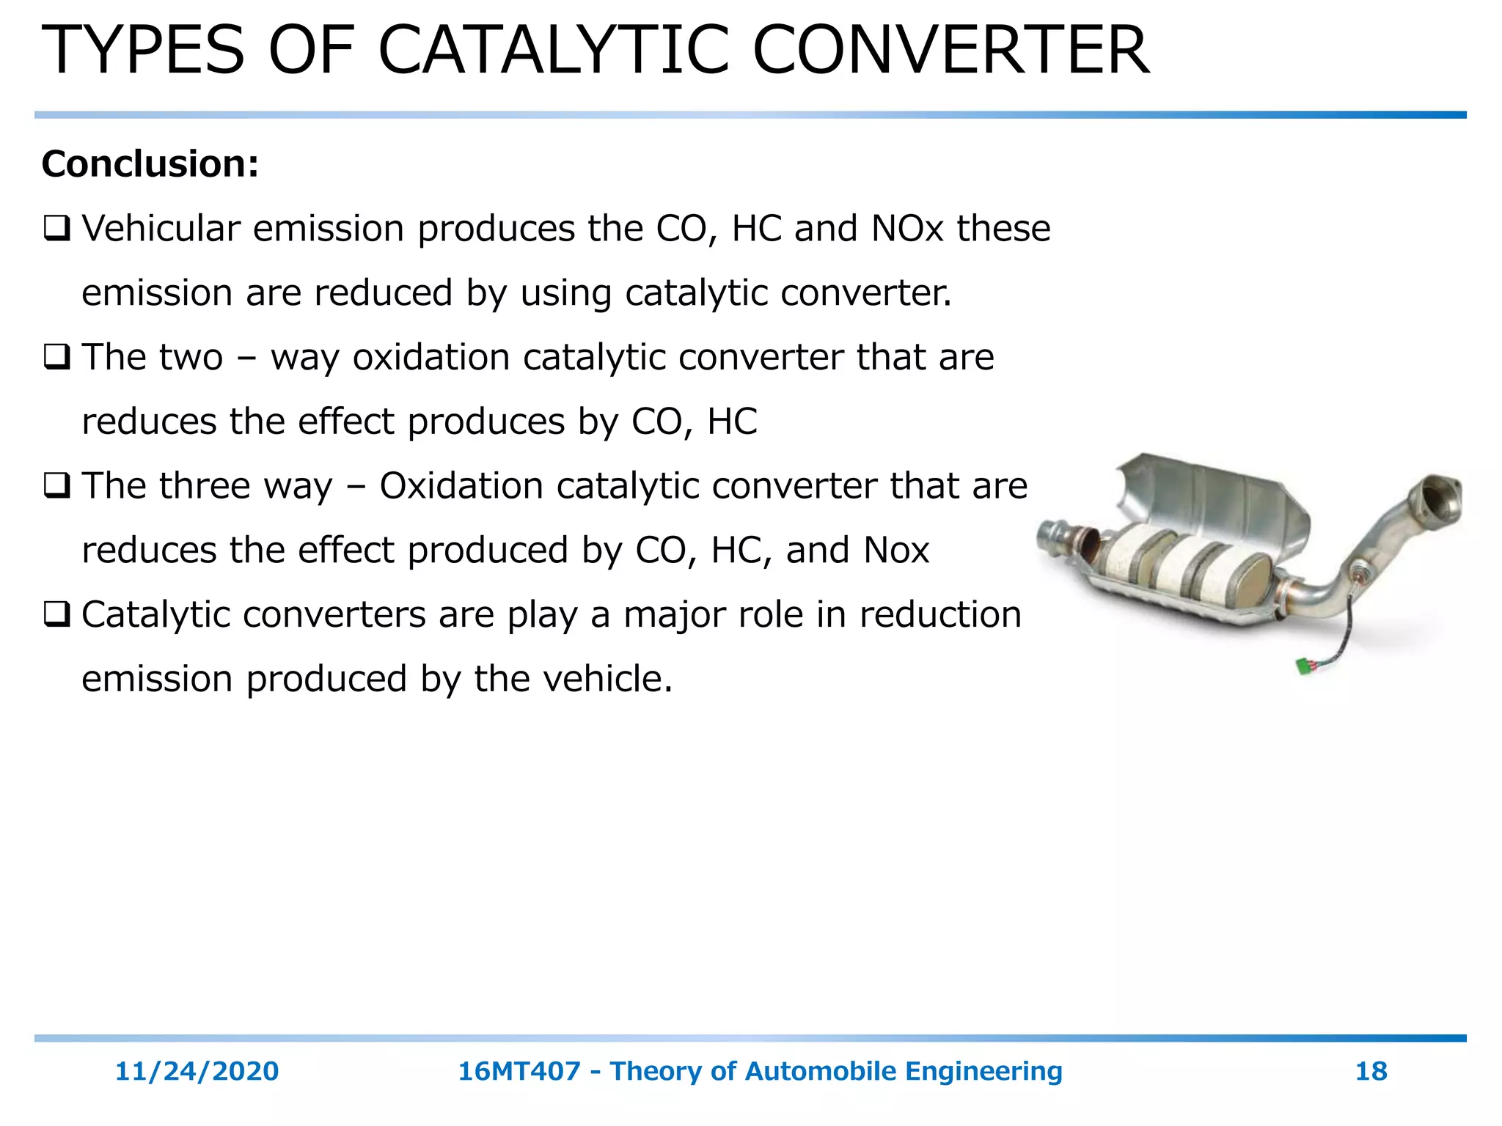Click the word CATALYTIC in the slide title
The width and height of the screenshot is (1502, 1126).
(x=554, y=51)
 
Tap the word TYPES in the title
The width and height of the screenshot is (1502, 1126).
(x=143, y=51)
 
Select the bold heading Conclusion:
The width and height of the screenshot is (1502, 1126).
(x=150, y=163)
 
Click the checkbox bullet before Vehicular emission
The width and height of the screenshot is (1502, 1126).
(x=56, y=229)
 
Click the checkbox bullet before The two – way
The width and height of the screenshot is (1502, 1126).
(x=56, y=358)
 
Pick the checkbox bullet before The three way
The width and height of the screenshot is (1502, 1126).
(x=56, y=486)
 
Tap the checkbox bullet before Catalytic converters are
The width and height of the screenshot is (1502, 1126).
(x=56, y=615)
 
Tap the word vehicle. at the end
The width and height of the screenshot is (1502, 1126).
(x=608, y=679)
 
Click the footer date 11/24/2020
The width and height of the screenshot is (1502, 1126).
(x=197, y=1071)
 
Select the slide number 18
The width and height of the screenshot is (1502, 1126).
(x=1371, y=1071)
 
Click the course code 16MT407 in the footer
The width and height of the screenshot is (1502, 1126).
(x=519, y=1071)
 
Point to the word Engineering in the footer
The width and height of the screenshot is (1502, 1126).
(x=983, y=1071)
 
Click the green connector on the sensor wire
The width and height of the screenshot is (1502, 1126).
(x=1305, y=666)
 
